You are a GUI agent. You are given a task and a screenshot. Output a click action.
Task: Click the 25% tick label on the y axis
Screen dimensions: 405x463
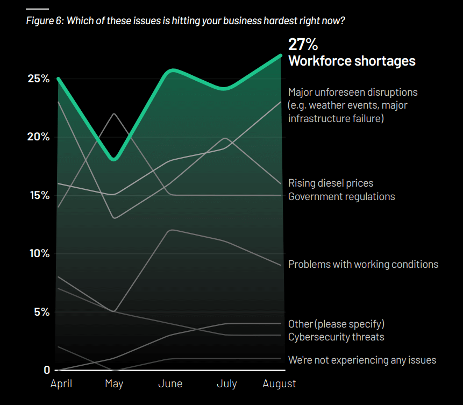click(x=39, y=79)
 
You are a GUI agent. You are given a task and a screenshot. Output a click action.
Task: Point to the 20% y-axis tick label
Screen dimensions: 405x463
click(x=39, y=137)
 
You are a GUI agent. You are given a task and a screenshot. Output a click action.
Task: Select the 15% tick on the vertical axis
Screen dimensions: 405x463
click(x=39, y=195)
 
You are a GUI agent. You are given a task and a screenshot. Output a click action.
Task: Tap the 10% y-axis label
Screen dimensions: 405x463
click(x=39, y=253)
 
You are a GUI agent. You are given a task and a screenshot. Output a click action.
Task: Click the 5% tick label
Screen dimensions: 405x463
click(x=41, y=312)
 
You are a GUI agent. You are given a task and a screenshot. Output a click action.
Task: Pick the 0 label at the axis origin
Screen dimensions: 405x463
click(x=47, y=370)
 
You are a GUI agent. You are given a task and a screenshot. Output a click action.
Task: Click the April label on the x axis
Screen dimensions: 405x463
click(x=61, y=383)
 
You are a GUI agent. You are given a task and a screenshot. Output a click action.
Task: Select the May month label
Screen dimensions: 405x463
click(x=114, y=383)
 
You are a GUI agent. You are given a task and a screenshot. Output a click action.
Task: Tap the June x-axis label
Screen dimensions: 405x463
click(x=170, y=383)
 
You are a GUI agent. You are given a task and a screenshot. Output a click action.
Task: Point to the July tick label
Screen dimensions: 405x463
click(x=226, y=383)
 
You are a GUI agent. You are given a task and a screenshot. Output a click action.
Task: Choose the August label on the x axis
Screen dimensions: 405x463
click(x=279, y=383)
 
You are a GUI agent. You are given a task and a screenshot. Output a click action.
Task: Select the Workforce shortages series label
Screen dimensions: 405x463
click(x=352, y=61)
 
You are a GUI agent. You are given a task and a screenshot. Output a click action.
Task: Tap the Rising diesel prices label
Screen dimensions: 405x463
click(x=331, y=183)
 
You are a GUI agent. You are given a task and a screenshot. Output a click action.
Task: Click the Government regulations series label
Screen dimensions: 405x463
click(x=341, y=196)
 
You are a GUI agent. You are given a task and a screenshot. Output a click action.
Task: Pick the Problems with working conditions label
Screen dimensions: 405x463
click(x=363, y=264)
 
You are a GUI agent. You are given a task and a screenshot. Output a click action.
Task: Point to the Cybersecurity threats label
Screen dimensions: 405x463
click(x=336, y=337)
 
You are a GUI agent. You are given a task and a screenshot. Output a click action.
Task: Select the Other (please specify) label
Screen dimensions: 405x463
click(x=336, y=324)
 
